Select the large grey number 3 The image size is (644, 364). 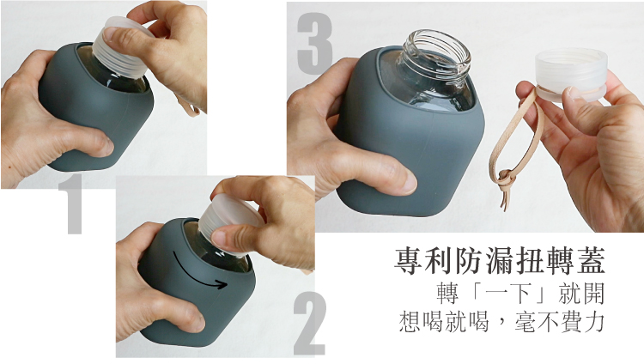point(314,44)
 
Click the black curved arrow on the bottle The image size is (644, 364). point(199,273)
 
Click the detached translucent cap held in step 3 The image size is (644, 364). point(570,74)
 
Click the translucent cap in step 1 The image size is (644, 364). point(122,47)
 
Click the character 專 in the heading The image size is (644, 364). point(408,260)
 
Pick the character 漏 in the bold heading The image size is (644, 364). point(500,260)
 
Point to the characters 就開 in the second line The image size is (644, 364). point(581,294)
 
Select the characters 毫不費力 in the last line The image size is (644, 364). point(558,322)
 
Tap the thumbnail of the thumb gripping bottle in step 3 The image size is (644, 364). point(408,182)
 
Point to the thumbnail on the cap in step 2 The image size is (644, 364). point(219,239)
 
